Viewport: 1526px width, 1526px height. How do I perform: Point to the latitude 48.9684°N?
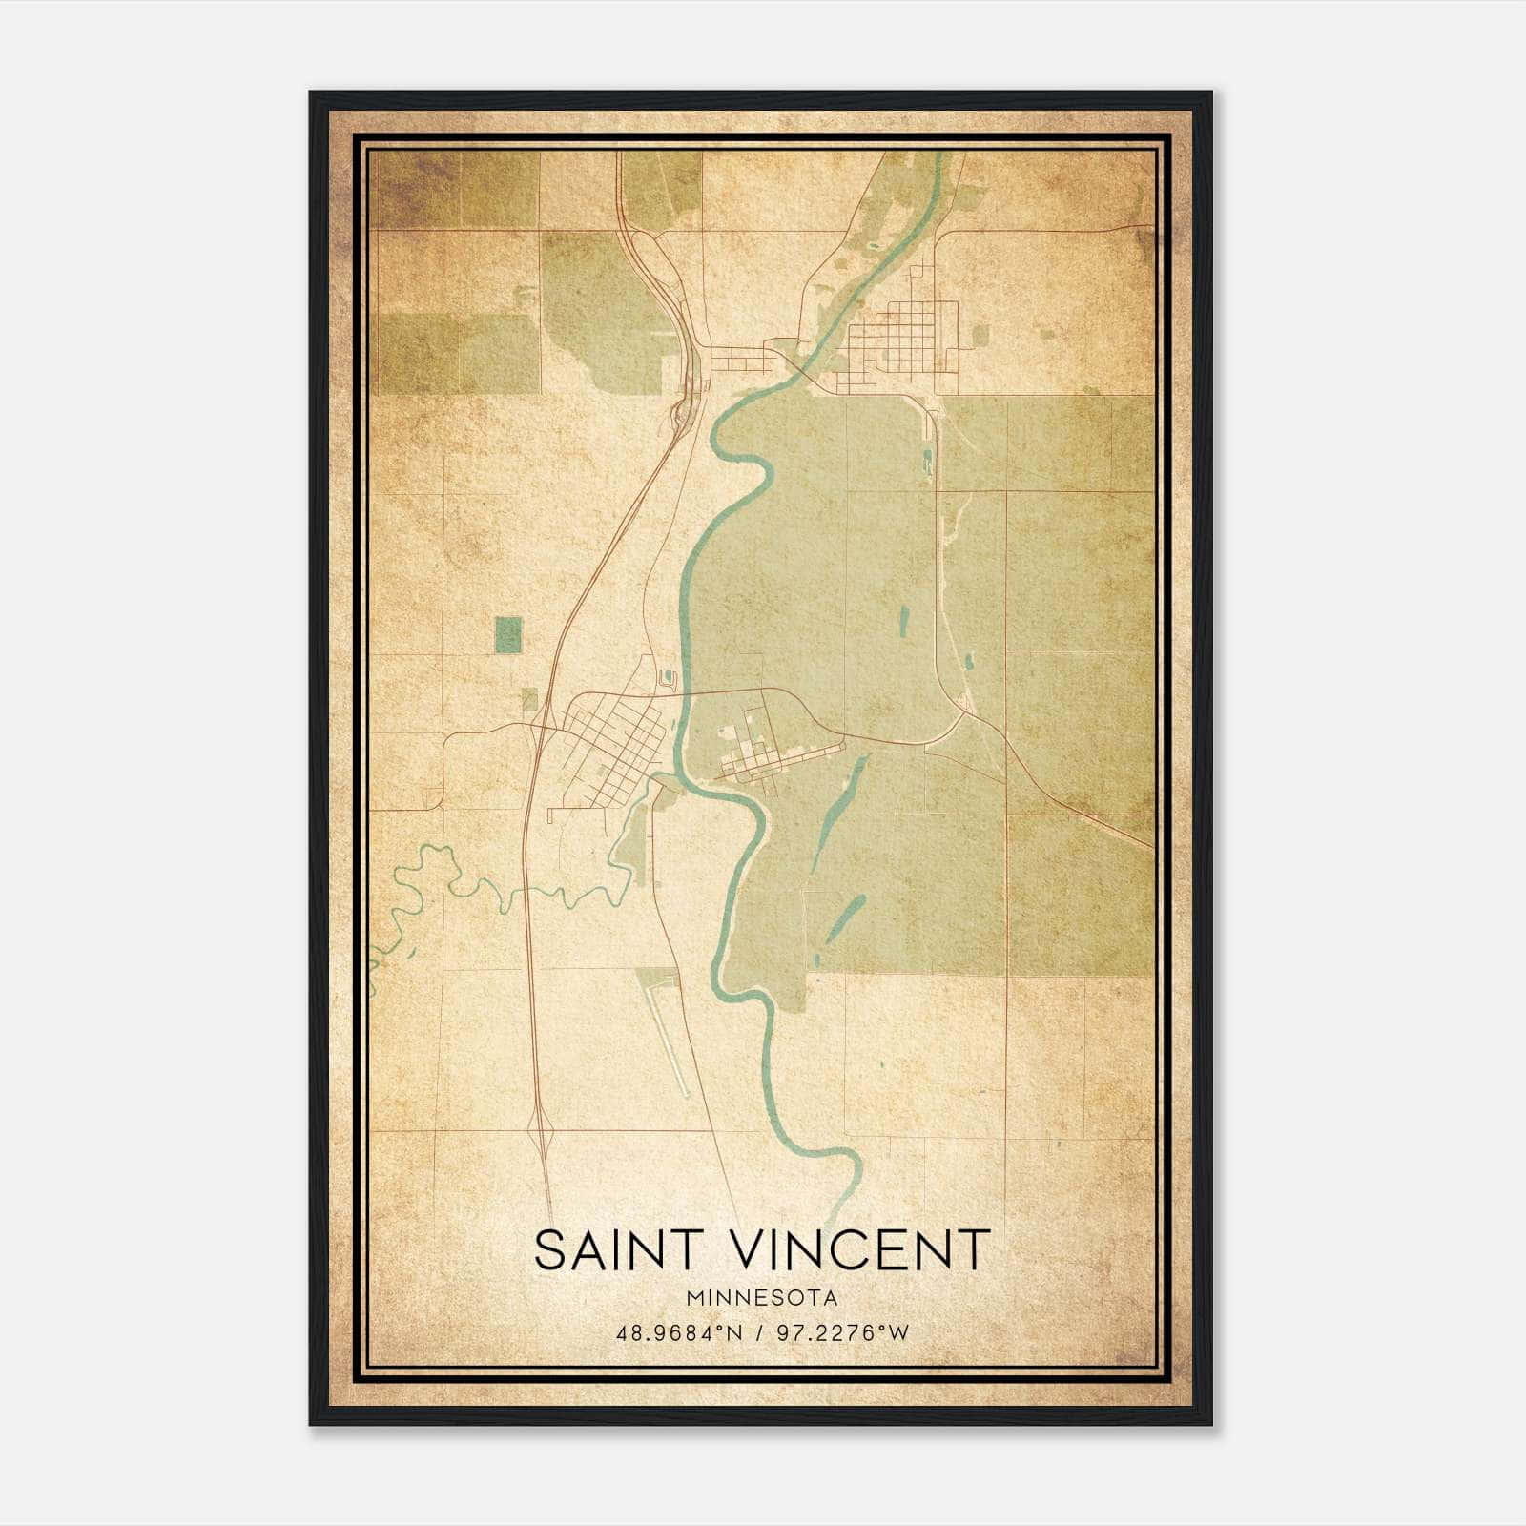pos(679,1332)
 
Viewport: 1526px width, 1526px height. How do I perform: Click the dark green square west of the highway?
pos(509,634)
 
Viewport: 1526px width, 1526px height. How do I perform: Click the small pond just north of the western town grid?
pos(668,679)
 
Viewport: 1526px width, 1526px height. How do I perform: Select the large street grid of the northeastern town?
pos(901,343)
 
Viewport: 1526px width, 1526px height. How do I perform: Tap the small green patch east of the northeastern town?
pos(980,334)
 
